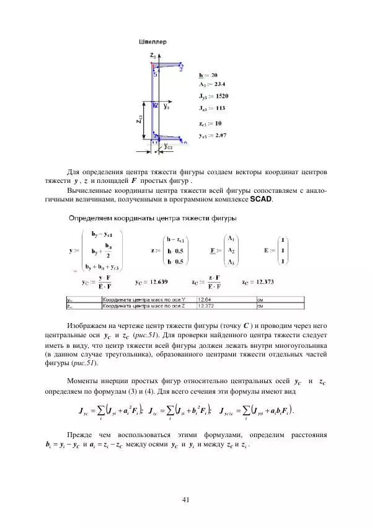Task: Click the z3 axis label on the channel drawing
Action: (x=153, y=56)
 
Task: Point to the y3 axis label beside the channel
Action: (x=167, y=107)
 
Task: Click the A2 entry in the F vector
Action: (x=231, y=249)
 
